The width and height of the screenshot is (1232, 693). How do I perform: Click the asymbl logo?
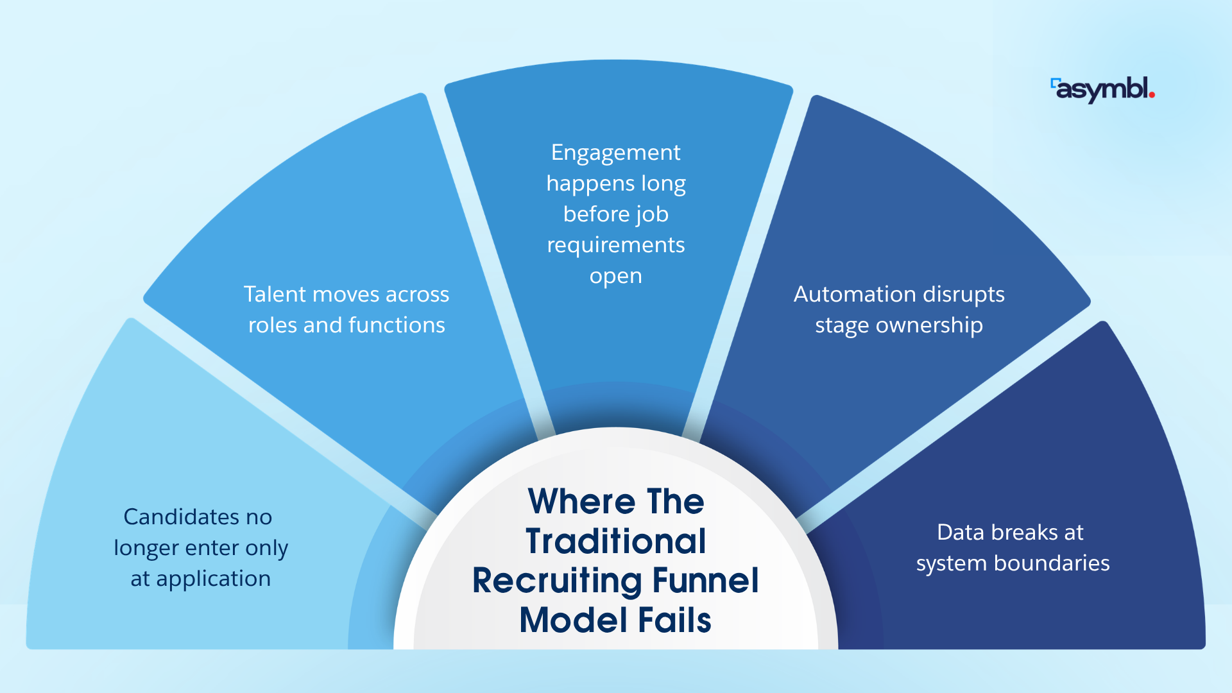pos(1102,90)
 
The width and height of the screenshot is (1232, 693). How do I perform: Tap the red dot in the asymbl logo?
pos(1152,96)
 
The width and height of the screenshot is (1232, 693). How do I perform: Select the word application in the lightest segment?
pos(213,579)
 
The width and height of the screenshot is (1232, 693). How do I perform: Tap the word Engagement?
pos(615,153)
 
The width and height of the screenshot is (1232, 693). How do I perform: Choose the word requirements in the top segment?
pos(615,245)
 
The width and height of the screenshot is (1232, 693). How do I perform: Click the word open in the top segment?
pos(615,276)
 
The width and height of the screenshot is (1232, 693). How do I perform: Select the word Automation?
pos(844,294)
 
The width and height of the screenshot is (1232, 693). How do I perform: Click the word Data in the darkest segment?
pos(960,533)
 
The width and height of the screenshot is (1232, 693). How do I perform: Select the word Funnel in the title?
pos(705,581)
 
